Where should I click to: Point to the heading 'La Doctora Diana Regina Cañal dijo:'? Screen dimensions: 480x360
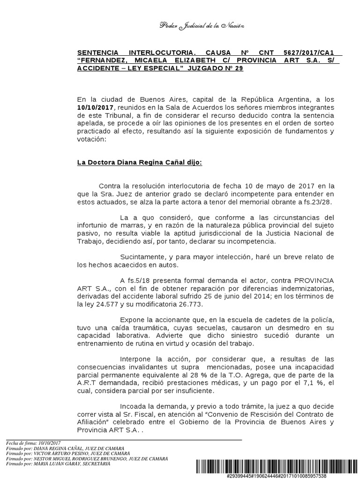click(140, 163)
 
